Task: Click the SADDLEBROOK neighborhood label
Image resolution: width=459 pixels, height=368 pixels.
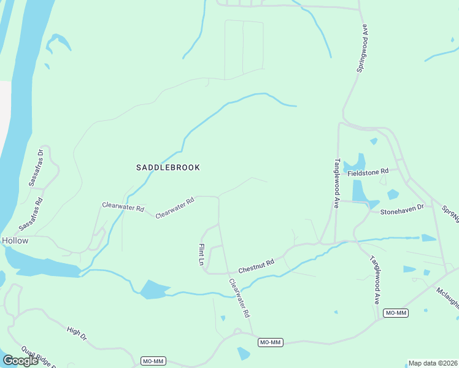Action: point(168,167)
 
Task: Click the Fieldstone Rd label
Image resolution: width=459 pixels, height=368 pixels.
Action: point(368,173)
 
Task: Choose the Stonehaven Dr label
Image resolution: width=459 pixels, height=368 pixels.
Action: point(402,209)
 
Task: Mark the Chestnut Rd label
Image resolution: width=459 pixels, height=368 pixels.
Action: point(255,266)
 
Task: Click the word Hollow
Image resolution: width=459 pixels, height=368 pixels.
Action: point(14,241)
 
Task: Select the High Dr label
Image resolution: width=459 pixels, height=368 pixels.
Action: point(77,334)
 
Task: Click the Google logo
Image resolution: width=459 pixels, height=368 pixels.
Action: point(20,360)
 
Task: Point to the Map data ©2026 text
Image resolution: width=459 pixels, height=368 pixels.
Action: point(432,363)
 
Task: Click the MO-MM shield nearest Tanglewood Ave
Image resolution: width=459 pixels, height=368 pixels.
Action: point(396,313)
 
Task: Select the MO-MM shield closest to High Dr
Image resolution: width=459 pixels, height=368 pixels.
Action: point(153,361)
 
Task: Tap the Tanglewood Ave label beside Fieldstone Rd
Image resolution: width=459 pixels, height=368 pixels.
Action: point(337,184)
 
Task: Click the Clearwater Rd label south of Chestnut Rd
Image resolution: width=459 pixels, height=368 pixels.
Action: point(240,298)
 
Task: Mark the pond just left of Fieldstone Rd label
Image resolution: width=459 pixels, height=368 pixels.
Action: point(355,164)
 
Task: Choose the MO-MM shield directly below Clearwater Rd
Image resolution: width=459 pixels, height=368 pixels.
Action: point(270,342)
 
